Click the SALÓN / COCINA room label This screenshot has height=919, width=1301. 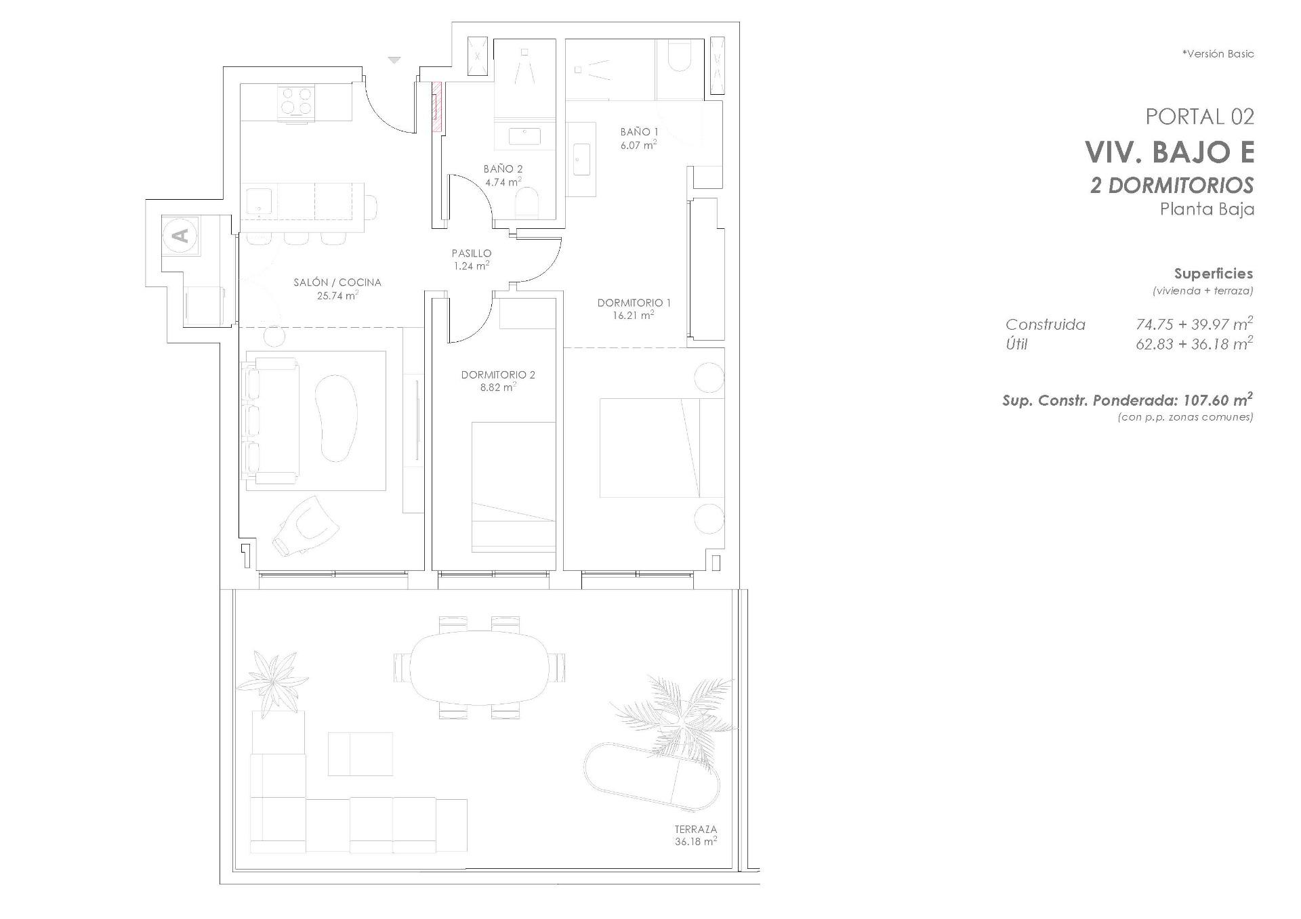[x=337, y=282]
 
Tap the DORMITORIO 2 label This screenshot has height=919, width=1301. [x=498, y=375]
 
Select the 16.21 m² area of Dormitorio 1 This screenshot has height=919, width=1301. [x=635, y=315]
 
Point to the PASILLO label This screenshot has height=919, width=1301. [x=472, y=253]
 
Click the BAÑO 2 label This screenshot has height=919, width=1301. [x=503, y=169]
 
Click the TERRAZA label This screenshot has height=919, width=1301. [x=695, y=829]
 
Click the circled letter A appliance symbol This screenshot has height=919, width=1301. [x=181, y=236]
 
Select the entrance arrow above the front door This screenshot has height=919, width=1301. [x=394, y=60]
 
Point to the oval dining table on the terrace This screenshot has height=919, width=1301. [x=478, y=667]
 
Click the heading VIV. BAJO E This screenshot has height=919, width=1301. [x=1170, y=152]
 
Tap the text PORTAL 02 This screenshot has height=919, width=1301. [x=1199, y=116]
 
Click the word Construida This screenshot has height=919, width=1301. [x=1045, y=324]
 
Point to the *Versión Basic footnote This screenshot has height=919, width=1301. [x=1218, y=54]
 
